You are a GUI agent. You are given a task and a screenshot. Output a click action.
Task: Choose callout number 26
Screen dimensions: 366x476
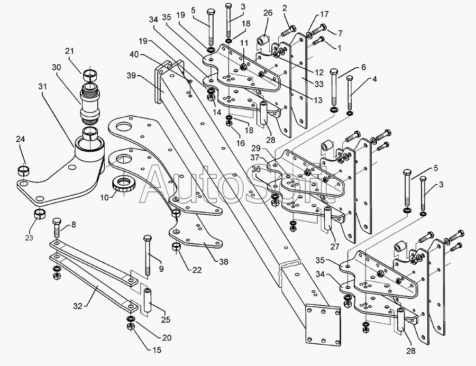pyautogui.click(x=267, y=13)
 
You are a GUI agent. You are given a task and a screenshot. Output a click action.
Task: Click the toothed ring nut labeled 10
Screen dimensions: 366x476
pyautogui.click(x=126, y=186)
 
